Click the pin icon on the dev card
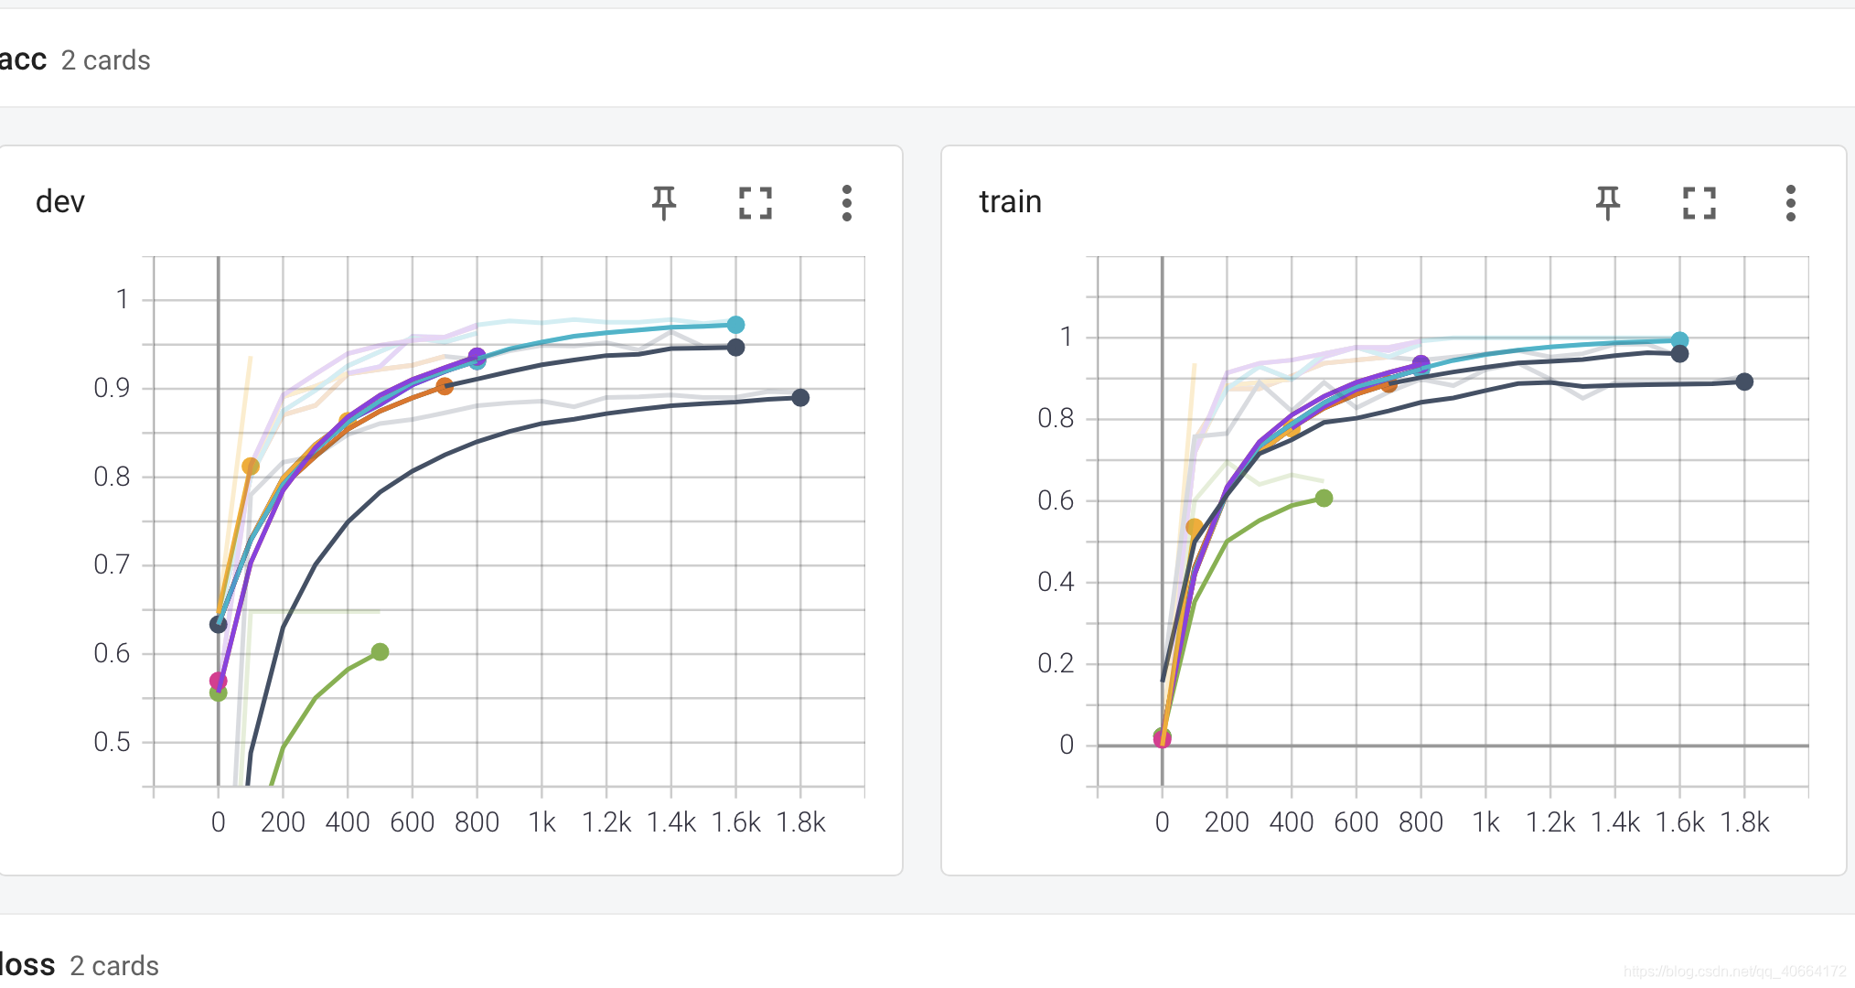click(664, 202)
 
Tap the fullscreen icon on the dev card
click(756, 203)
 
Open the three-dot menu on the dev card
click(847, 203)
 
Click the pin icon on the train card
click(1608, 202)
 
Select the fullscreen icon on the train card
click(1700, 203)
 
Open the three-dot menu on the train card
click(1791, 203)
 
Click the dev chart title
click(60, 201)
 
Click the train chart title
click(1010, 201)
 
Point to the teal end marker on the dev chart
click(735, 325)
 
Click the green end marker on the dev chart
click(381, 652)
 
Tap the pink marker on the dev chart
click(218, 681)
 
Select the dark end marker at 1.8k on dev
click(800, 398)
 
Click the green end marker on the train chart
click(1324, 499)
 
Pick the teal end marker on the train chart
click(1679, 340)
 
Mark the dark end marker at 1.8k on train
click(1744, 381)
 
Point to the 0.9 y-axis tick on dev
click(112, 388)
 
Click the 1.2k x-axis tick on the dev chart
click(606, 822)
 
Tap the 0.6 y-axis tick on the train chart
click(1056, 500)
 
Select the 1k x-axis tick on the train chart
click(1486, 822)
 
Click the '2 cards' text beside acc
click(105, 60)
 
